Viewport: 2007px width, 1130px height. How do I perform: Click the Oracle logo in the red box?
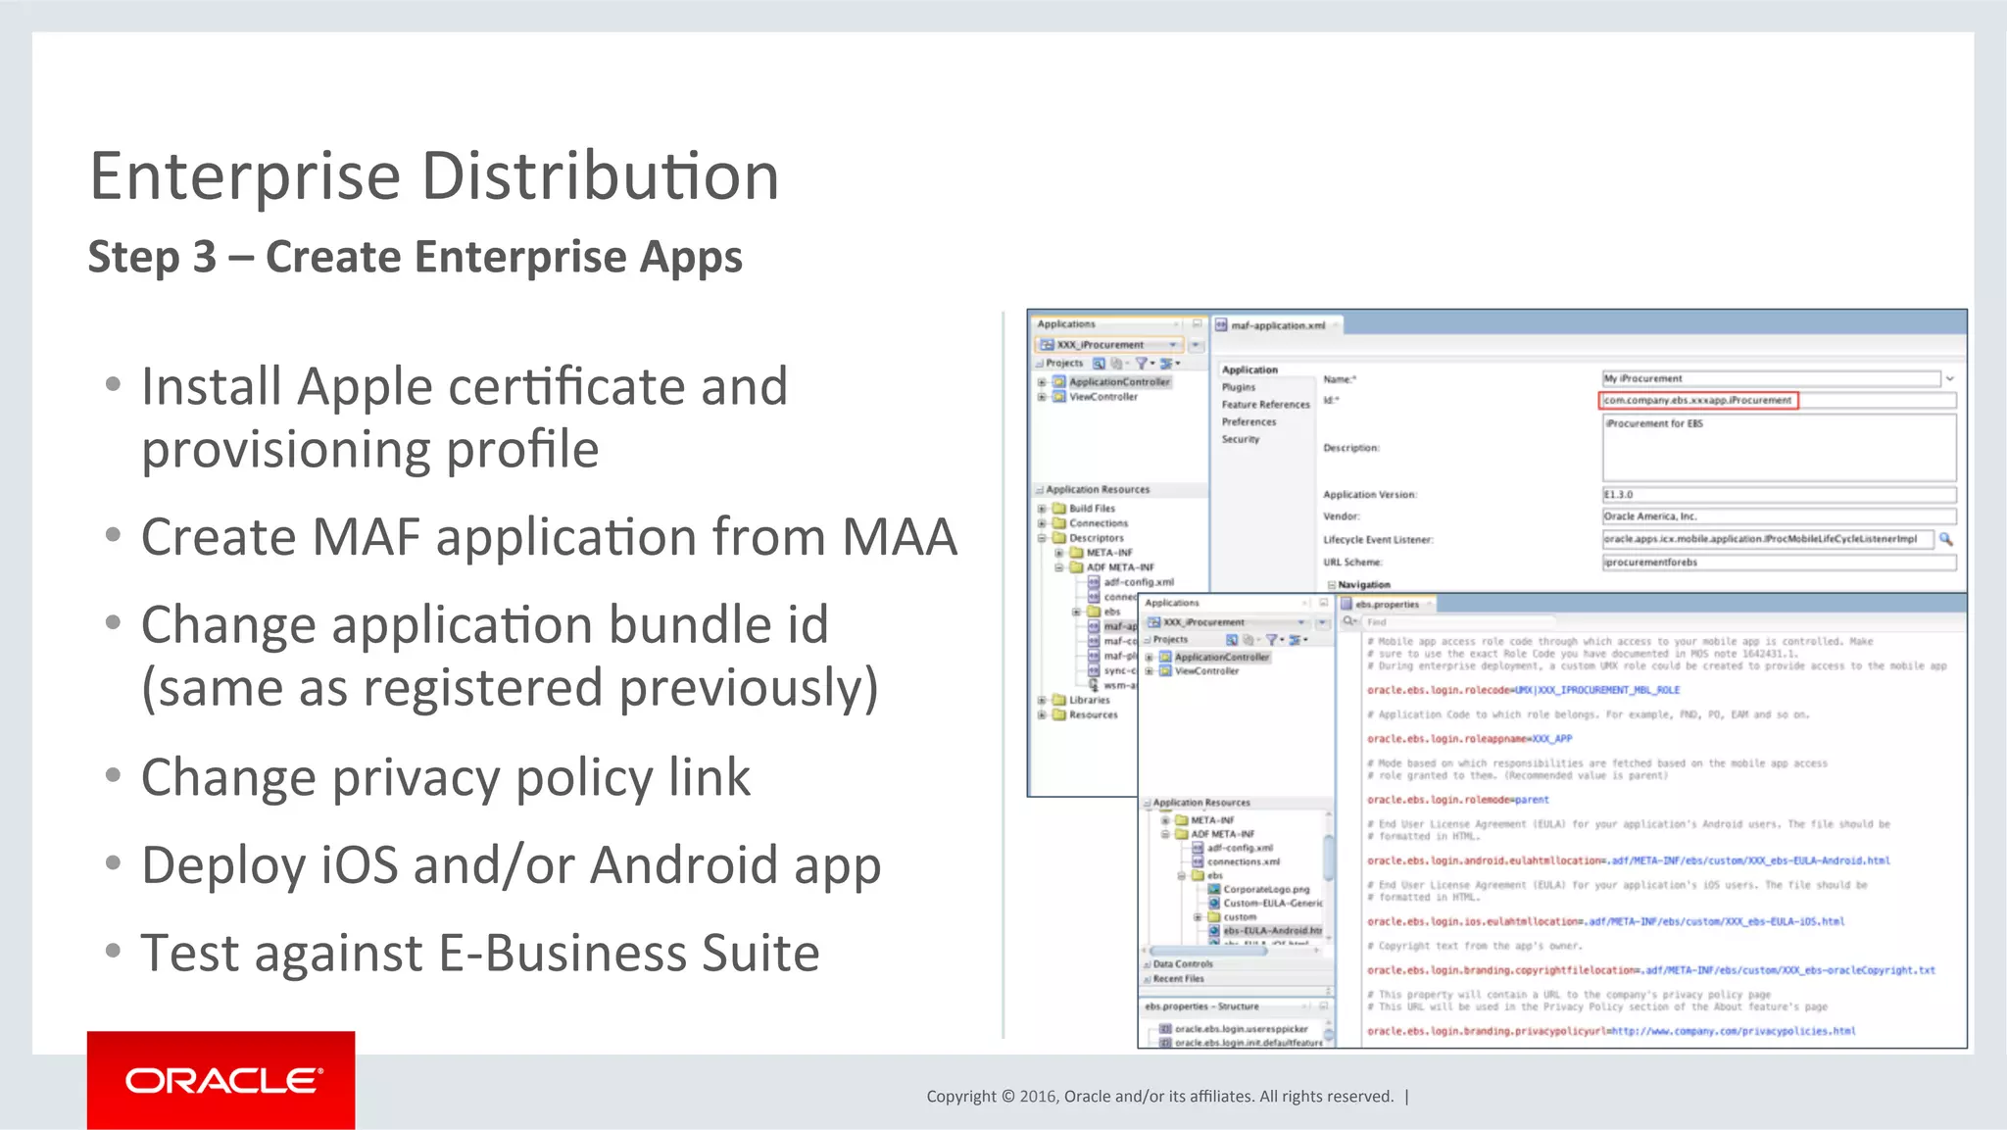pyautogui.click(x=222, y=1080)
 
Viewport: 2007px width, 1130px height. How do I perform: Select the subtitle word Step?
pyautogui.click(x=134, y=257)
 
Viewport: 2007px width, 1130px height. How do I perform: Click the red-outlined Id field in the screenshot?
pyautogui.click(x=1697, y=400)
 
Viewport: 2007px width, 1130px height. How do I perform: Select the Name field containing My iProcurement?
pyautogui.click(x=1770, y=378)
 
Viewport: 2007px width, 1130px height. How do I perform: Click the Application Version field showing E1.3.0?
pyautogui.click(x=1778, y=495)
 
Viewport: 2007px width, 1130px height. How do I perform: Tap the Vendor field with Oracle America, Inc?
pyautogui.click(x=1778, y=516)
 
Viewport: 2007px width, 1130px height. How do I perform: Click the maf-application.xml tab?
pyautogui.click(x=1277, y=325)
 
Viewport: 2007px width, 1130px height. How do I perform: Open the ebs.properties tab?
pyautogui.click(x=1386, y=605)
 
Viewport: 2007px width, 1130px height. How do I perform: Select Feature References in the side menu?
pyautogui.click(x=1265, y=405)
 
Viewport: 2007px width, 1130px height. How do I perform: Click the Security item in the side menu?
pyautogui.click(x=1241, y=439)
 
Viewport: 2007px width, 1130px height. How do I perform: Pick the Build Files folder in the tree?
pyautogui.click(x=1091, y=509)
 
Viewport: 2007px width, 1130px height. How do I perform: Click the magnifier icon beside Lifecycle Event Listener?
pyautogui.click(x=1946, y=539)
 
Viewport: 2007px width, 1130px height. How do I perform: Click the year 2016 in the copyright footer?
pyautogui.click(x=1039, y=1097)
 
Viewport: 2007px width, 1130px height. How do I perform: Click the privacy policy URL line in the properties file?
pyautogui.click(x=1610, y=1031)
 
